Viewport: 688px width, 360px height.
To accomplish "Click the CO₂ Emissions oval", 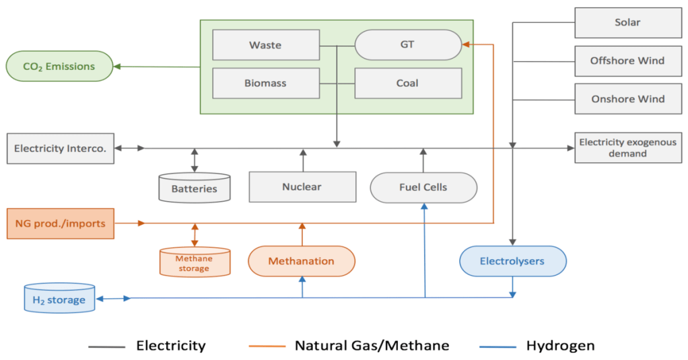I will point(59,66).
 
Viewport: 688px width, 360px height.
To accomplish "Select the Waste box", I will point(265,45).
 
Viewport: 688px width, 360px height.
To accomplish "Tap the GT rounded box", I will point(407,45).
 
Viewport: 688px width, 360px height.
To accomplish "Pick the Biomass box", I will point(265,83).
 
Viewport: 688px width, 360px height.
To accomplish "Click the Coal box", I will point(407,83).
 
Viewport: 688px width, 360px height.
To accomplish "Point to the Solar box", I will point(627,22).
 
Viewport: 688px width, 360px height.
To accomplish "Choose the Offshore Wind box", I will point(627,61).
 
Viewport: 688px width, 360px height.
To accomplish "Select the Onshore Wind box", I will point(627,99).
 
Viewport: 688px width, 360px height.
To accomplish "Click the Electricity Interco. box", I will point(60,148).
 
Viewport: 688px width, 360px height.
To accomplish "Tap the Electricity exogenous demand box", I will point(627,148).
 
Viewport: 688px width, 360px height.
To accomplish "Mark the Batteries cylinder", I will point(195,188).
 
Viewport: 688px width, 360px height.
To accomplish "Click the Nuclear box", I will point(302,186).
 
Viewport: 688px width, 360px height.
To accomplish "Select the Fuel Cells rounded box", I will point(423,187).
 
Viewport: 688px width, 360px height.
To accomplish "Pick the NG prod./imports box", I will point(61,223).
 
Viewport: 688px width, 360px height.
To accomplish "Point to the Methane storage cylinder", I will point(195,262).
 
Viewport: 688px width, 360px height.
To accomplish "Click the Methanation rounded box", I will point(302,260).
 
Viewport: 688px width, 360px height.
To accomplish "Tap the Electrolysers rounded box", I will point(512,260).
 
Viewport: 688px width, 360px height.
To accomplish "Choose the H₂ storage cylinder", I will point(59,299).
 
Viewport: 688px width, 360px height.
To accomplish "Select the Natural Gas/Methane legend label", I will point(372,346).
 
